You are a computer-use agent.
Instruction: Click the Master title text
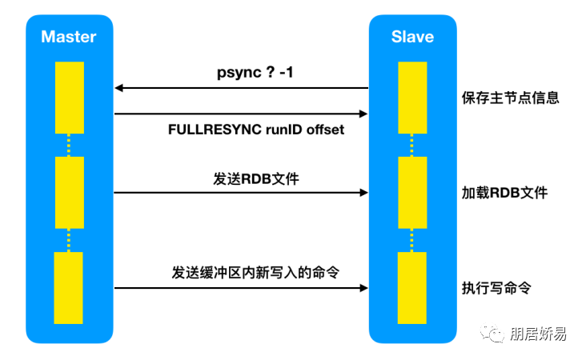pos(68,37)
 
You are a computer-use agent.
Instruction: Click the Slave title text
pos(412,37)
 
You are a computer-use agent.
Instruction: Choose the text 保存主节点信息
pos(510,98)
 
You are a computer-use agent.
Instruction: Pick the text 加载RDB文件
pos(504,193)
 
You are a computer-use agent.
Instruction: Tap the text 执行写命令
pos(496,287)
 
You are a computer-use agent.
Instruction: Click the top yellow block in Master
pos(70,98)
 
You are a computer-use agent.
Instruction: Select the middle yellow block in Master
pos(70,192)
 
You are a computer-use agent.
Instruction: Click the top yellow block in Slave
pos(412,98)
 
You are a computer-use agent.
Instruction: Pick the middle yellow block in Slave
pos(412,192)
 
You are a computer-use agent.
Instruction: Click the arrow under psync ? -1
pos(240,88)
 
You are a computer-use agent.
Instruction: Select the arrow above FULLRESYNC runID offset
pos(240,114)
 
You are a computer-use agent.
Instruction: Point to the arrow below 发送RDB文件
pos(240,193)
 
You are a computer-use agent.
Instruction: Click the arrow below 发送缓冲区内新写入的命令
pos(240,287)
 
